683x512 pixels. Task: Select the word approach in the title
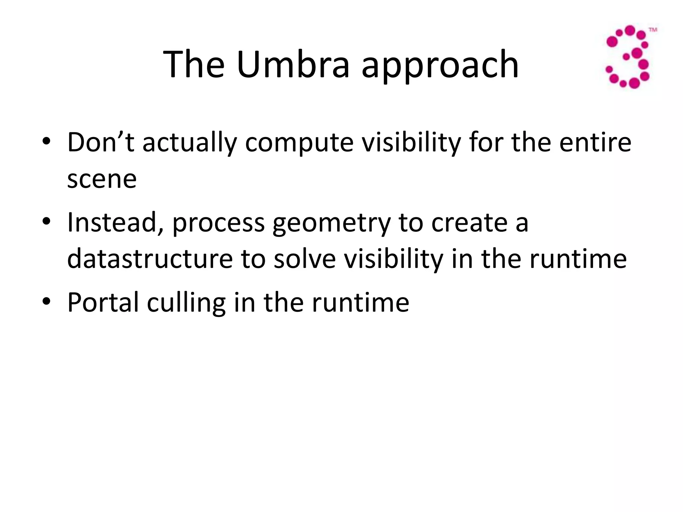coord(440,66)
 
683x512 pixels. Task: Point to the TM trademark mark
coord(653,30)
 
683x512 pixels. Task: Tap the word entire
coord(595,142)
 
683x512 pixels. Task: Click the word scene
coord(102,179)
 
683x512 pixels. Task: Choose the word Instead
coord(115,223)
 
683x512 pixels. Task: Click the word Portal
coord(103,303)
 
